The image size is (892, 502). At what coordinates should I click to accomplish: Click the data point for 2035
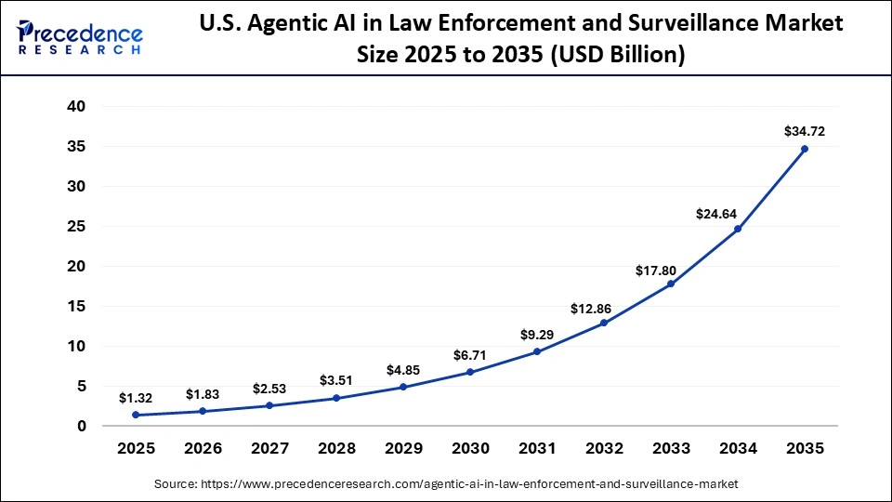coord(805,149)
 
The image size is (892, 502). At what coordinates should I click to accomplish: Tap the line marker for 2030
coord(470,372)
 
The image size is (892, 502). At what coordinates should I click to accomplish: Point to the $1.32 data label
coord(136,398)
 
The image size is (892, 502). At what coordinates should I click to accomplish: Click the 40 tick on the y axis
coord(76,107)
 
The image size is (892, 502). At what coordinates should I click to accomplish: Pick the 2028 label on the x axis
coord(336,448)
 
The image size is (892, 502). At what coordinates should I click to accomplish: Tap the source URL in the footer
coord(445,484)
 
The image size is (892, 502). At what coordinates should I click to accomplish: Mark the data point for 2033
coord(671,284)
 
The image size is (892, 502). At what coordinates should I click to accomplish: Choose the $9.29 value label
coord(537,334)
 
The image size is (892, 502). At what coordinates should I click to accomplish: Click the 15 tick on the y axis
coord(76,306)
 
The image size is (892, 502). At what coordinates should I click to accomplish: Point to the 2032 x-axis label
coord(604,448)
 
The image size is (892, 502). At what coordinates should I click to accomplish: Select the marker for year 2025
coord(136,415)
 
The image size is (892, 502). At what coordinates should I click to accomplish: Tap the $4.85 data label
coord(403,370)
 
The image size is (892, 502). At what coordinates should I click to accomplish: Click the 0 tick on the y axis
coord(81,426)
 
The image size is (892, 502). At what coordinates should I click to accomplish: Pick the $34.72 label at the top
coord(805,131)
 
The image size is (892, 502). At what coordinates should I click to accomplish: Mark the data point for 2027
coord(269,405)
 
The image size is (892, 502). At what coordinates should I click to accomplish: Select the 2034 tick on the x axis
coord(738,448)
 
